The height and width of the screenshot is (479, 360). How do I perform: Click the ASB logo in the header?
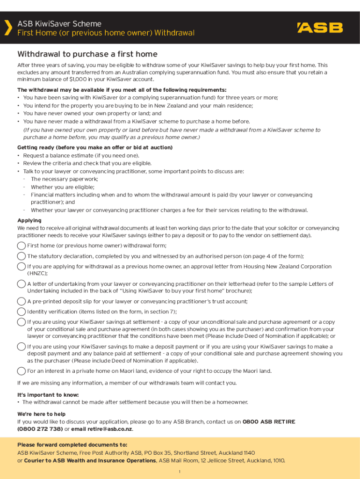click(320, 28)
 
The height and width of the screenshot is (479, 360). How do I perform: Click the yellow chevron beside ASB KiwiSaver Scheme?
click(7, 28)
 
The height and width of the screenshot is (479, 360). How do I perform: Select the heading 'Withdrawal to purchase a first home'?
click(87, 54)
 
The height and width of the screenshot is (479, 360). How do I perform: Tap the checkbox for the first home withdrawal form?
click(22, 246)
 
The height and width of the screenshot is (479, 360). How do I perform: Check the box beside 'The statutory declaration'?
click(22, 256)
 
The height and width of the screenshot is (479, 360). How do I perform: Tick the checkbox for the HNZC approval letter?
click(22, 267)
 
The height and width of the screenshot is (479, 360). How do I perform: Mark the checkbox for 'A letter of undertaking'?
click(22, 284)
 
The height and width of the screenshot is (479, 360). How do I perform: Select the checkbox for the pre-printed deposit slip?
click(22, 302)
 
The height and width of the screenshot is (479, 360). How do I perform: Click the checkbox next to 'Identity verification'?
click(22, 312)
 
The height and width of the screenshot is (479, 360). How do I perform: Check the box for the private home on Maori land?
click(22, 371)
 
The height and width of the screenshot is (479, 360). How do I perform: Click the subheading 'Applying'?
click(29, 220)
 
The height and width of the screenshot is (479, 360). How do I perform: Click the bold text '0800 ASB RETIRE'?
click(269, 422)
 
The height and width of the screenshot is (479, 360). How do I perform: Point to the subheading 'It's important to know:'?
click(48, 395)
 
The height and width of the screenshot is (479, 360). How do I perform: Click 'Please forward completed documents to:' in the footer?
click(72, 445)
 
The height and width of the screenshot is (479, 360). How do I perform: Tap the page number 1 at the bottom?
click(180, 472)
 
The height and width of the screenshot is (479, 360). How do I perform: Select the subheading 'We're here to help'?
click(42, 414)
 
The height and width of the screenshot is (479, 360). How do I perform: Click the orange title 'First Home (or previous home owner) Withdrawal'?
click(106, 33)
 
